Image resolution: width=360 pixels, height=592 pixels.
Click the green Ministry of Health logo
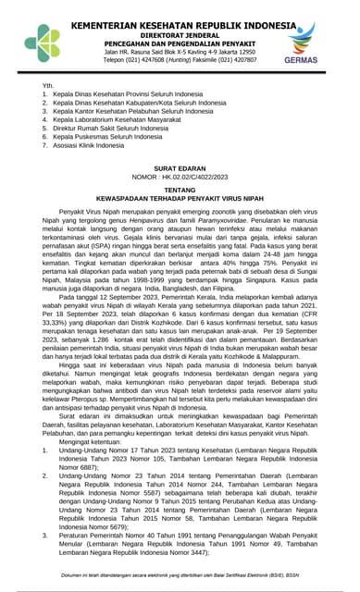tap(41, 41)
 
